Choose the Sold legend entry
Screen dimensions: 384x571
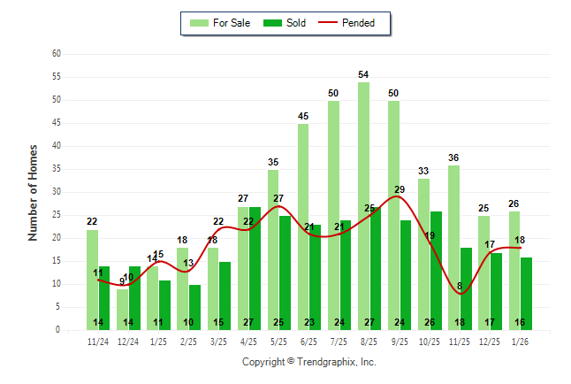pyautogui.click(x=285, y=23)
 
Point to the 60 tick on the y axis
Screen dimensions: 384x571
pyautogui.click(x=57, y=54)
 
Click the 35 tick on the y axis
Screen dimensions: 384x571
pyautogui.click(x=57, y=169)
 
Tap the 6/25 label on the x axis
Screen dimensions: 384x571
pyautogui.click(x=309, y=341)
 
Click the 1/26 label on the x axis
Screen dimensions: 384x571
pyautogui.click(x=520, y=341)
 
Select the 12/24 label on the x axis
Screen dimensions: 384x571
pyautogui.click(x=128, y=341)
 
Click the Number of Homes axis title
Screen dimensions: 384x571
pyautogui.click(x=34, y=192)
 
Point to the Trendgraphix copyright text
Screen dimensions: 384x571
pyautogui.click(x=309, y=362)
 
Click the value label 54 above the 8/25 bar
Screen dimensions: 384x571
pyautogui.click(x=363, y=74)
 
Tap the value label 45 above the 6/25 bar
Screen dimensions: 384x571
pyautogui.click(x=303, y=116)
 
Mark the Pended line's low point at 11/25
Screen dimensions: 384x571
pyautogui.click(x=461, y=292)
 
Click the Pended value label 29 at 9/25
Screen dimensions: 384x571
pyautogui.click(x=400, y=189)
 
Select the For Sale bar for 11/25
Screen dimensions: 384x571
pyautogui.click(x=453, y=247)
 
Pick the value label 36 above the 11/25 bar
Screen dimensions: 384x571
pyautogui.click(x=453, y=157)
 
